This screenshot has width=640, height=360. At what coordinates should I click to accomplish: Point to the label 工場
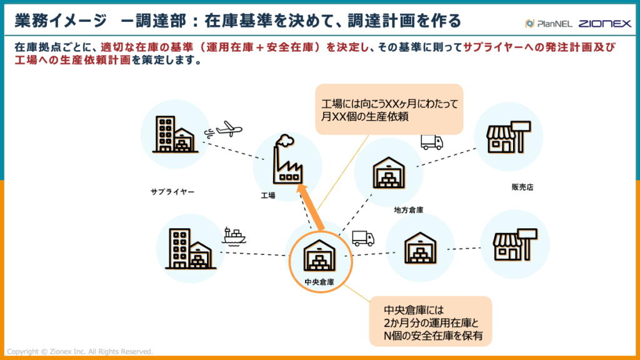268,196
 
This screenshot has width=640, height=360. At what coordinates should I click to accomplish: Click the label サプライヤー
172,192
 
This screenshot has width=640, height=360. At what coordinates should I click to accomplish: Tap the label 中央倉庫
319,282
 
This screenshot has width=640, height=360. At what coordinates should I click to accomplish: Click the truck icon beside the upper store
431,142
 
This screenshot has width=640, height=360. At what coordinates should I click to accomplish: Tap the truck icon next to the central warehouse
363,238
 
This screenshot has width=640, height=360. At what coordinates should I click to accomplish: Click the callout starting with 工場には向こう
388,109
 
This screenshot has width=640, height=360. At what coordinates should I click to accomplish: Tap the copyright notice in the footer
79,352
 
